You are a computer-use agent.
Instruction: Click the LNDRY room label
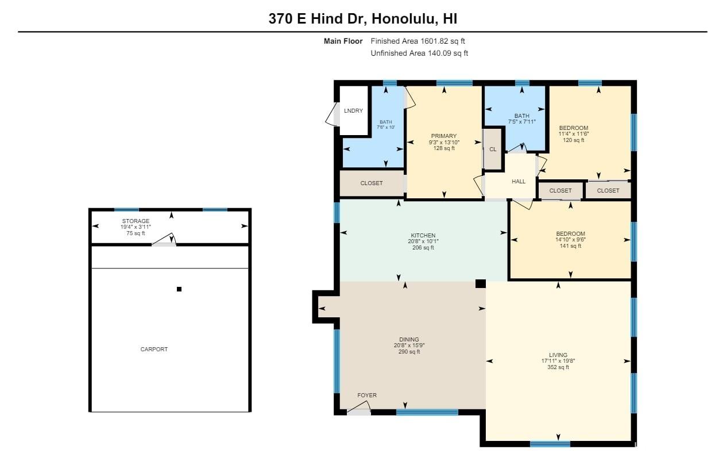(x=353, y=110)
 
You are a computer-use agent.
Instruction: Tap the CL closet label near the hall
(x=493, y=149)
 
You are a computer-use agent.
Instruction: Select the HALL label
(x=519, y=182)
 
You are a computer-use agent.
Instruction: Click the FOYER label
(x=367, y=395)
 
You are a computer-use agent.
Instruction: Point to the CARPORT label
(x=154, y=349)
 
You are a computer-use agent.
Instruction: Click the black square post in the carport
(x=179, y=289)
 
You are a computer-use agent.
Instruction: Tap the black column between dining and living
(x=481, y=283)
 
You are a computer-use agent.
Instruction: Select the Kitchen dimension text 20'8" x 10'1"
(x=423, y=241)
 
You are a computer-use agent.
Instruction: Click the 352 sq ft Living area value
(x=558, y=367)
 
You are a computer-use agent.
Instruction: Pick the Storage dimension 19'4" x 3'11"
(x=136, y=227)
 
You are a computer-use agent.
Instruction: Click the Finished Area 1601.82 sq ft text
(x=418, y=41)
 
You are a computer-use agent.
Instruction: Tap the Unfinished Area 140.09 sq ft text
(x=419, y=53)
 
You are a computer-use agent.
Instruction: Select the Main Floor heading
(x=343, y=41)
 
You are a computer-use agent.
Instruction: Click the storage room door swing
(x=164, y=239)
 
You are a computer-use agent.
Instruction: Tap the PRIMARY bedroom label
(x=444, y=136)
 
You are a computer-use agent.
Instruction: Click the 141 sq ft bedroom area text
(x=570, y=246)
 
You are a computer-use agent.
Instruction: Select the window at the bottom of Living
(x=550, y=444)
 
